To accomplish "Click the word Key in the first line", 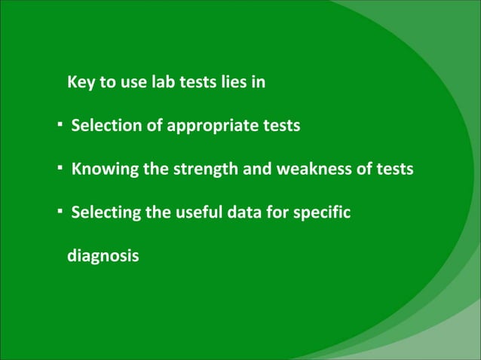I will pos(81,82).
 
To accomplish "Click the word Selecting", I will pos(105,214).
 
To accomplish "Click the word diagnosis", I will pos(103,258).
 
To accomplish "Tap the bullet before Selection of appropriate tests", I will pos(59,124).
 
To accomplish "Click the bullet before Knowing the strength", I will pos(59,167).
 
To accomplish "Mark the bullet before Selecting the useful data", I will pos(59,211).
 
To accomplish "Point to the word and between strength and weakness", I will pos(257,169).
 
